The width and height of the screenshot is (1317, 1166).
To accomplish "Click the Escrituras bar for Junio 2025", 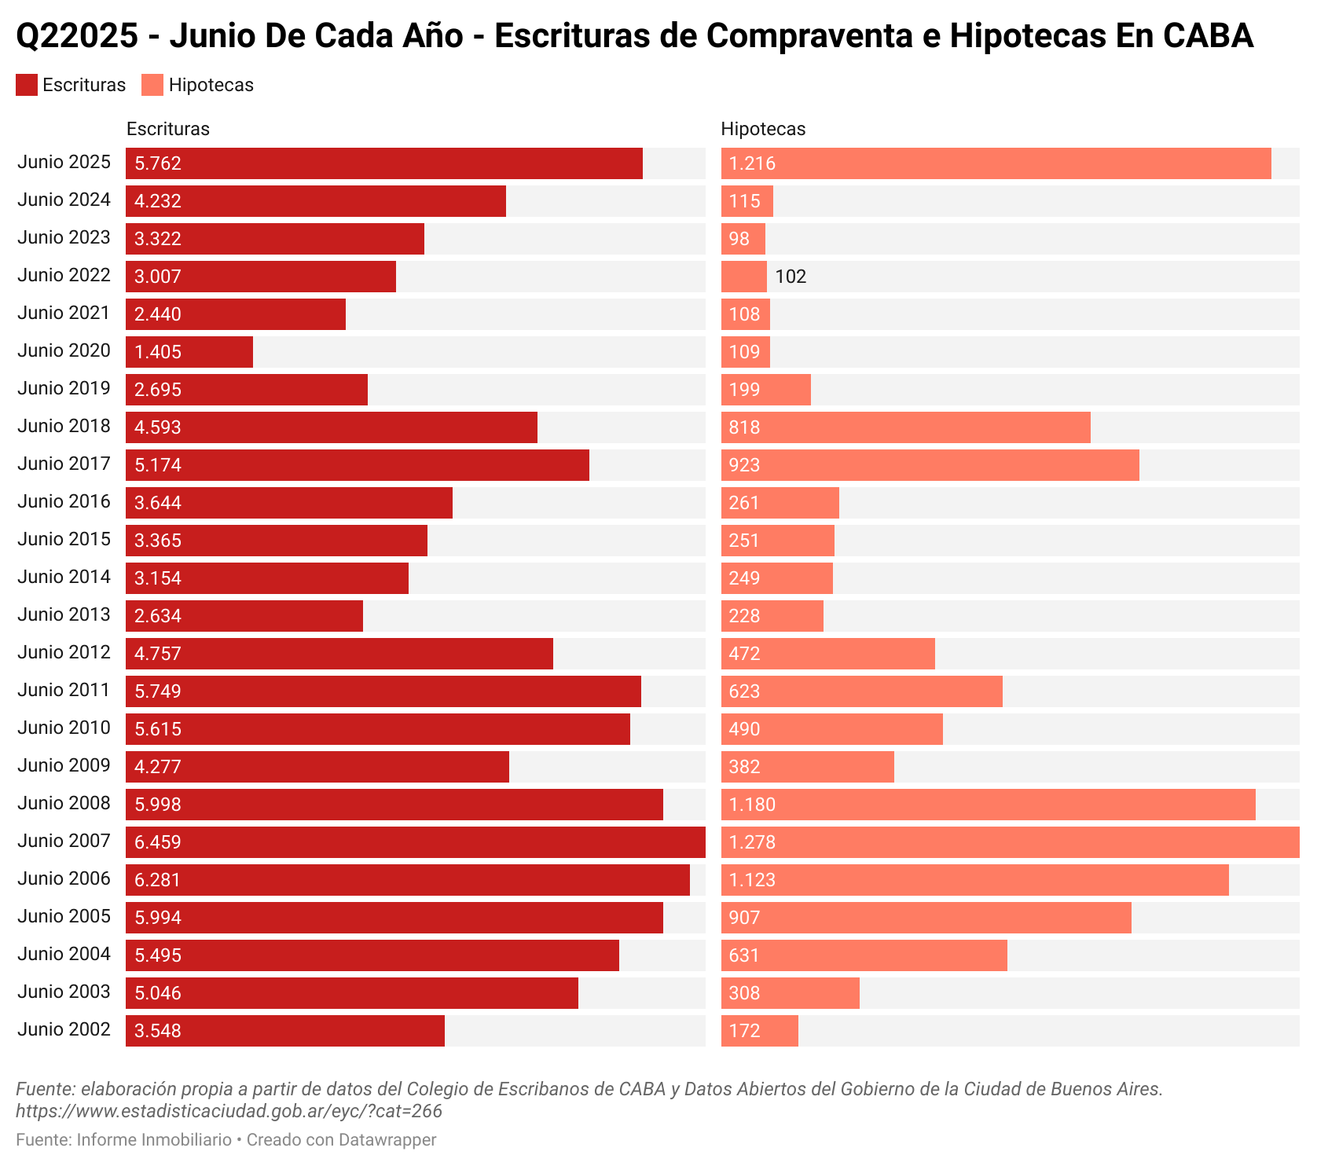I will (384, 163).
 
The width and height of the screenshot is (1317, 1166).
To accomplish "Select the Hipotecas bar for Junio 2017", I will (930, 465).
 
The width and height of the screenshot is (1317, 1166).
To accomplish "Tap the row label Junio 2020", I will (64, 350).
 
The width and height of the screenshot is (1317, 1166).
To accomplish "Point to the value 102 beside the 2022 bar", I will (791, 277).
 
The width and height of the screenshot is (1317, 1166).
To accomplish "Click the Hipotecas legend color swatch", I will (152, 85).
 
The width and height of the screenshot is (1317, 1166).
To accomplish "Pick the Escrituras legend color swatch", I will (27, 85).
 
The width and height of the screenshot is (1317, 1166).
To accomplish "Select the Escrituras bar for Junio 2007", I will (415, 842).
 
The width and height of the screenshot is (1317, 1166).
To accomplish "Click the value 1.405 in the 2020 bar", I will (158, 352).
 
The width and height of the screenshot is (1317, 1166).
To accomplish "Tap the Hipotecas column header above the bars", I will (763, 129).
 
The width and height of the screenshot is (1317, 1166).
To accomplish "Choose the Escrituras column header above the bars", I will (168, 129).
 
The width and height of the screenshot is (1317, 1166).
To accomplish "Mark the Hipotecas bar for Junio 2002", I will (759, 1031).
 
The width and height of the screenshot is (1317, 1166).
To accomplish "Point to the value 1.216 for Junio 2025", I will (752, 163).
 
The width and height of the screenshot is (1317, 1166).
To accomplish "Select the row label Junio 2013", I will (64, 614).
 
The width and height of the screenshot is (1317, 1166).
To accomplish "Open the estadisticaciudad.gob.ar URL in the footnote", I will (229, 1111).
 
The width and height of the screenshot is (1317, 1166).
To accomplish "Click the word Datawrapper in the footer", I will (387, 1139).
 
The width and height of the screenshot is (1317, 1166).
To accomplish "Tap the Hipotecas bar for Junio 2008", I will (988, 805).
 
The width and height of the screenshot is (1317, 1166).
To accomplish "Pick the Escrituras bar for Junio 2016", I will (289, 503).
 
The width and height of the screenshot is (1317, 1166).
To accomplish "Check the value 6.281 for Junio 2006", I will (158, 880).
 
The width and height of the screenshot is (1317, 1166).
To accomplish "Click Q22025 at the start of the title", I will (77, 36).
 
